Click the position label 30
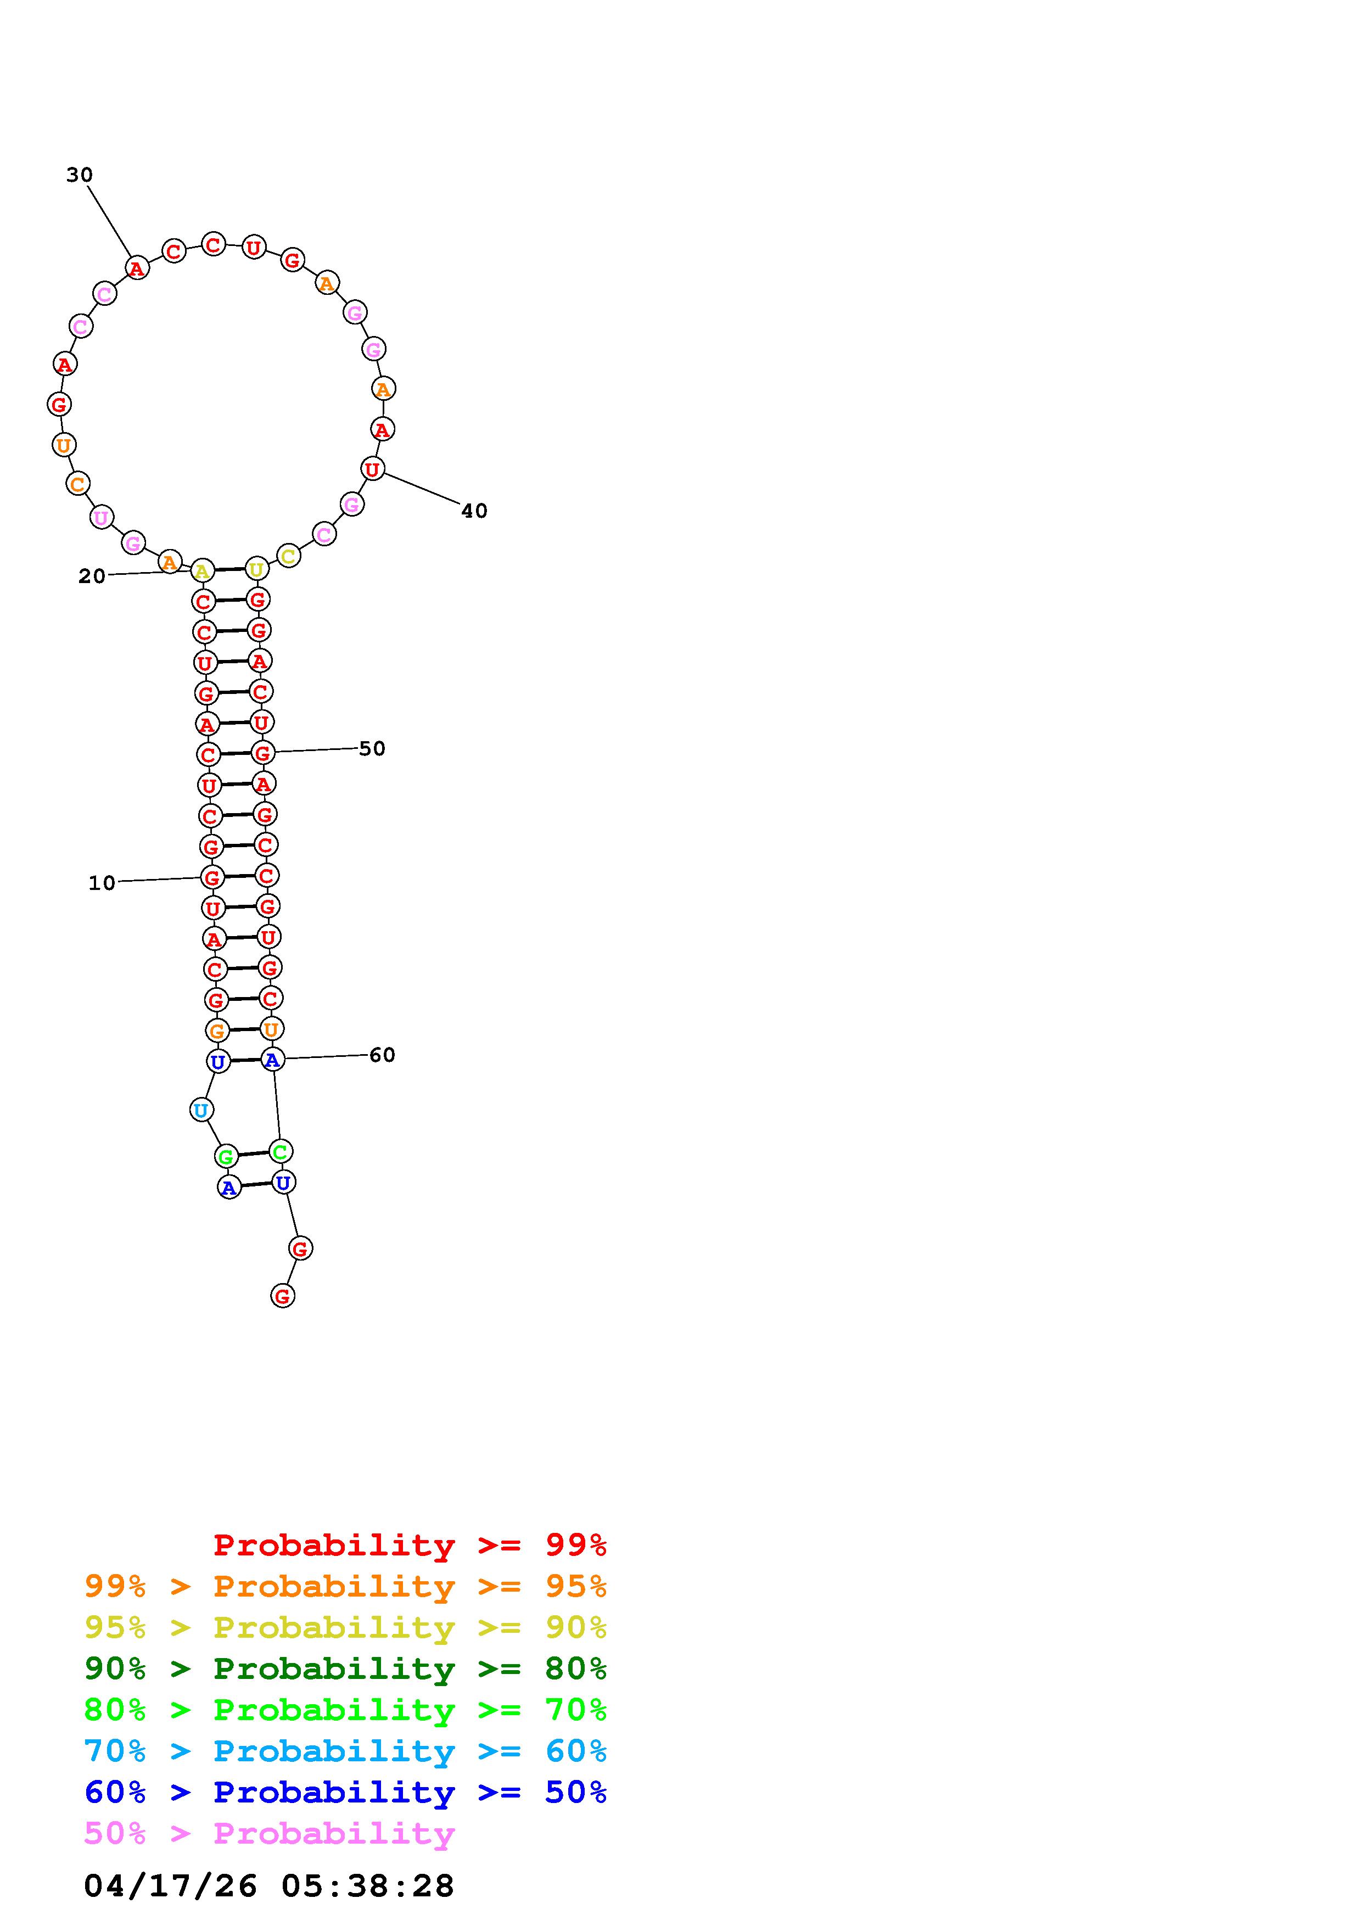pyautogui.click(x=80, y=175)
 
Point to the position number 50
pyautogui.click(x=372, y=748)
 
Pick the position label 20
pyautogui.click(x=92, y=576)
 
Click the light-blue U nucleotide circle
pyautogui.click(x=201, y=1111)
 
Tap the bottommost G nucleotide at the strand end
pyautogui.click(x=283, y=1296)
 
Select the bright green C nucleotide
pyautogui.click(x=280, y=1152)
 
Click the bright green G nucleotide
pyautogui.click(x=226, y=1157)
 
